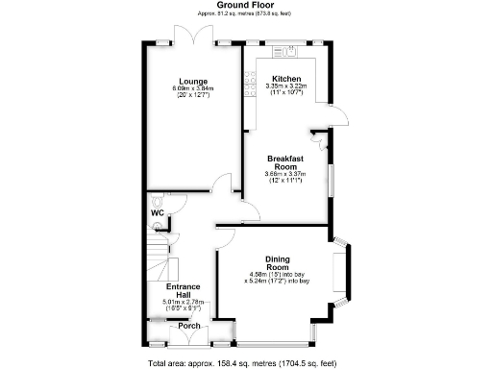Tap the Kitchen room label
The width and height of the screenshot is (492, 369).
286,79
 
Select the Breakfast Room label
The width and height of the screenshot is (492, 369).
285,161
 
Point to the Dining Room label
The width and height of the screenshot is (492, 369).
283,263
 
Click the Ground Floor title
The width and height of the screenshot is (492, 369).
245,6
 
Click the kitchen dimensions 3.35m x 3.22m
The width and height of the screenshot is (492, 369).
286,87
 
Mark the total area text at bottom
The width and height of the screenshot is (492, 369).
245,362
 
